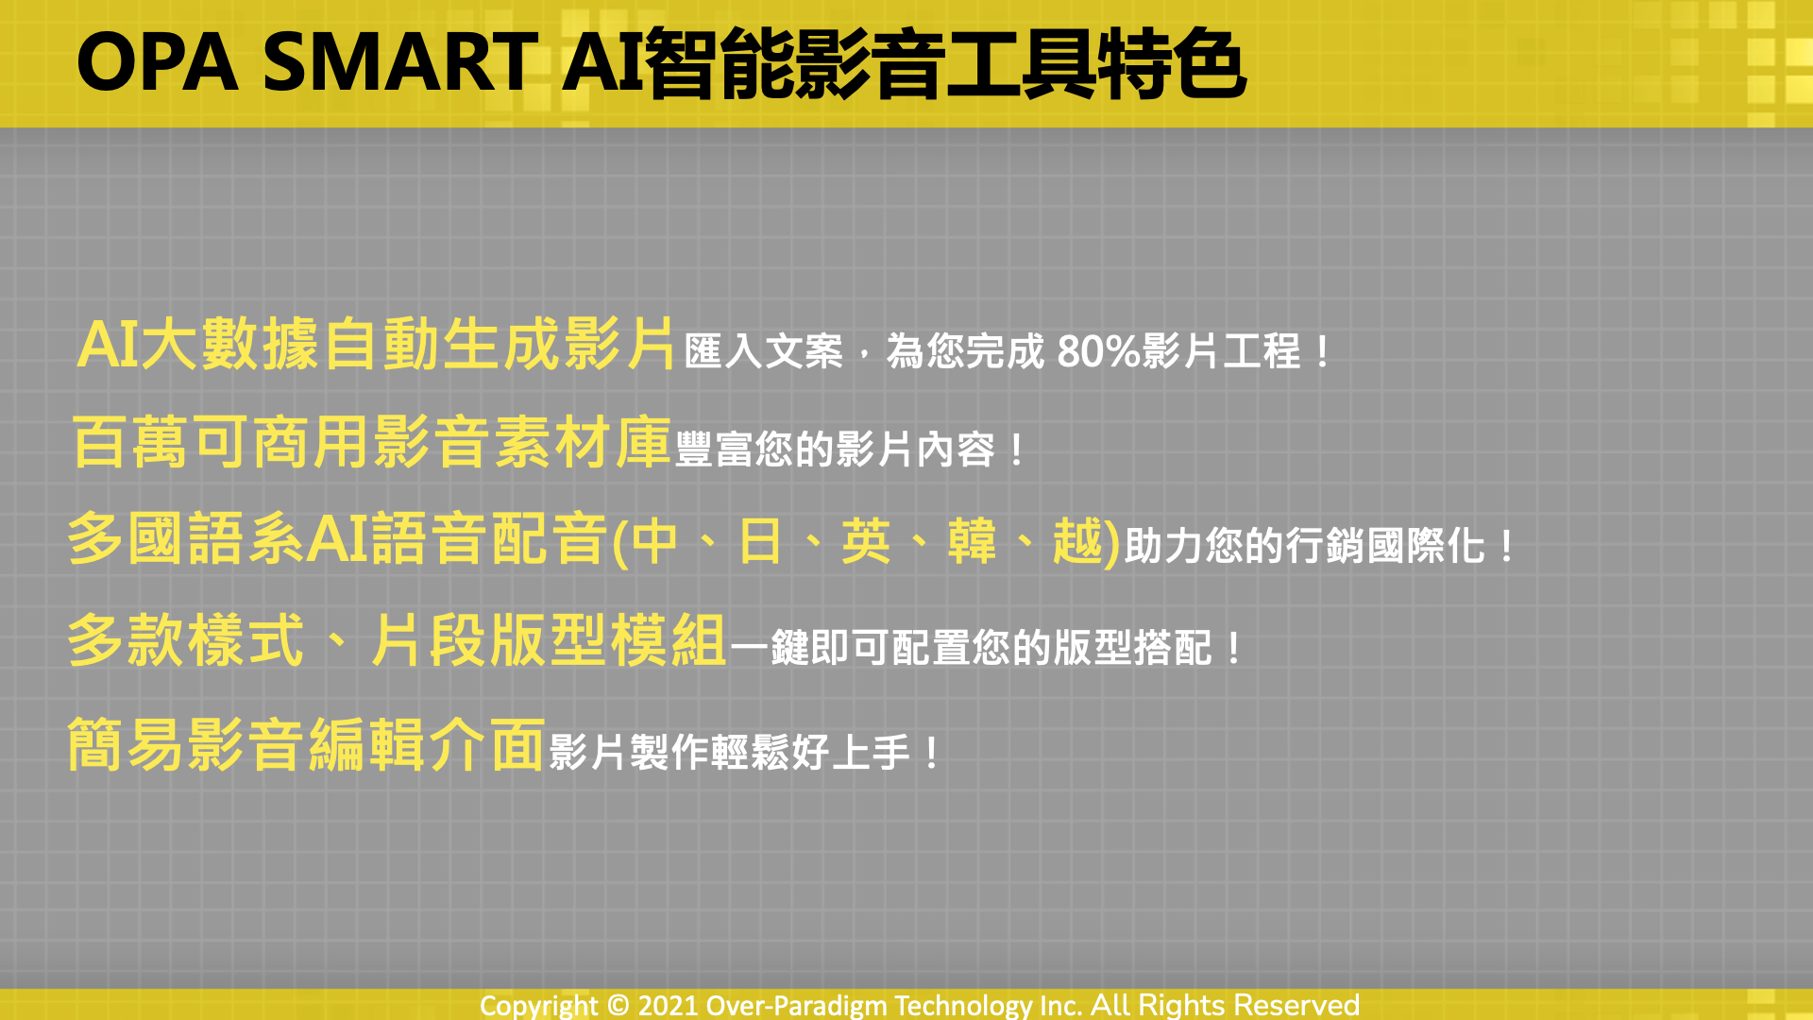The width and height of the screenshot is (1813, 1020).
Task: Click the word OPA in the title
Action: (x=157, y=62)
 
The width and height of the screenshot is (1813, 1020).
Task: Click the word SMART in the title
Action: (x=400, y=62)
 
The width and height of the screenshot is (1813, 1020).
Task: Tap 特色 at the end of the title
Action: (x=1171, y=63)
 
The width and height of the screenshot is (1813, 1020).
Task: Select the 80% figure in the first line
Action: (x=1098, y=351)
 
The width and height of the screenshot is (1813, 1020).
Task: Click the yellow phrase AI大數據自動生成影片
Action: (x=376, y=344)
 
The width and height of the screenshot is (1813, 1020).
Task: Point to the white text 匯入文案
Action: (x=763, y=351)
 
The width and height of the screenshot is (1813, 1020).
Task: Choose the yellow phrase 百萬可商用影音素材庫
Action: (x=371, y=442)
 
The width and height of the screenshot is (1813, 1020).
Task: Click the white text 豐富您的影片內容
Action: (x=835, y=450)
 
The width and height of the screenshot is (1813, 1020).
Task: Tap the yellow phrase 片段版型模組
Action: (x=548, y=640)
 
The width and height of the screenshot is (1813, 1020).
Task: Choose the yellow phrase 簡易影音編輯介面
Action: (x=306, y=744)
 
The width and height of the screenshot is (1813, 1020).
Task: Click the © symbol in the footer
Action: (x=618, y=1005)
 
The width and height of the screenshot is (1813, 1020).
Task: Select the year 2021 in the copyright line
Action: (x=668, y=1005)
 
